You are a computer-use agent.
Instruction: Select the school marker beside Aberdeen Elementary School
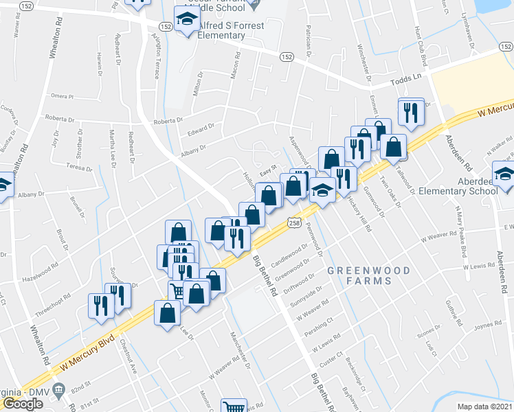click(504, 174)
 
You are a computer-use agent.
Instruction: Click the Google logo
click(22, 404)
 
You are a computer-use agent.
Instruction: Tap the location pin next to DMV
click(58, 391)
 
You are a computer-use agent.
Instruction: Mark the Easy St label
click(267, 166)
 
